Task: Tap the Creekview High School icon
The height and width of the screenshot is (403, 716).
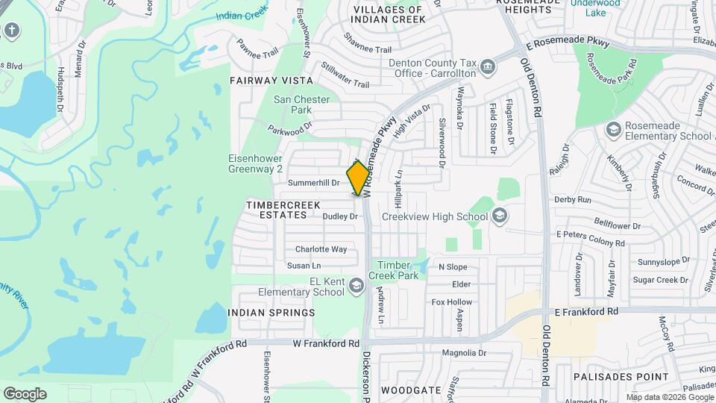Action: [499, 216]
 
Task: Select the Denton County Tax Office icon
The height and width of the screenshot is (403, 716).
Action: [487, 68]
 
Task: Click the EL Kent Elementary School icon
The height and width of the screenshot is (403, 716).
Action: [357, 287]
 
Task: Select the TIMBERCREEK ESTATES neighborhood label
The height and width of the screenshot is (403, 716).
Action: [278, 209]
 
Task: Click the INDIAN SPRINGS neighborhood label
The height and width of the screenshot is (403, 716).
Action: [271, 313]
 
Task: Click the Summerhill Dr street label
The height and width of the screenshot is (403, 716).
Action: [313, 182]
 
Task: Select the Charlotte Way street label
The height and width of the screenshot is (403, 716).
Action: [321, 249]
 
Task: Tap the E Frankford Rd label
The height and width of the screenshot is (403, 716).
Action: [587, 310]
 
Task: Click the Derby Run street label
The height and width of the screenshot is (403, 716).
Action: [574, 200]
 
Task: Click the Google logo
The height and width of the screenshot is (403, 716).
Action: [25, 394]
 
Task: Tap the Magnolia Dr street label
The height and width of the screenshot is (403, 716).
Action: [464, 353]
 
